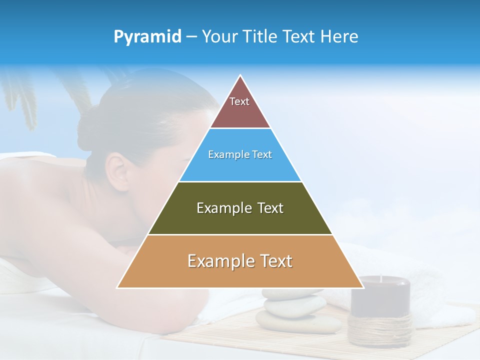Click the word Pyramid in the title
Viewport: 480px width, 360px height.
tap(147, 37)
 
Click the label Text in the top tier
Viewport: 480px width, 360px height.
tap(239, 101)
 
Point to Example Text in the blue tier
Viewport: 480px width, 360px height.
tap(240, 154)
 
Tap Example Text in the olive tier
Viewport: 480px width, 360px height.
tap(240, 208)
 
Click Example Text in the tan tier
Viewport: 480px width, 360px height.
tap(240, 261)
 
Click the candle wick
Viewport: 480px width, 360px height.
tap(381, 278)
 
